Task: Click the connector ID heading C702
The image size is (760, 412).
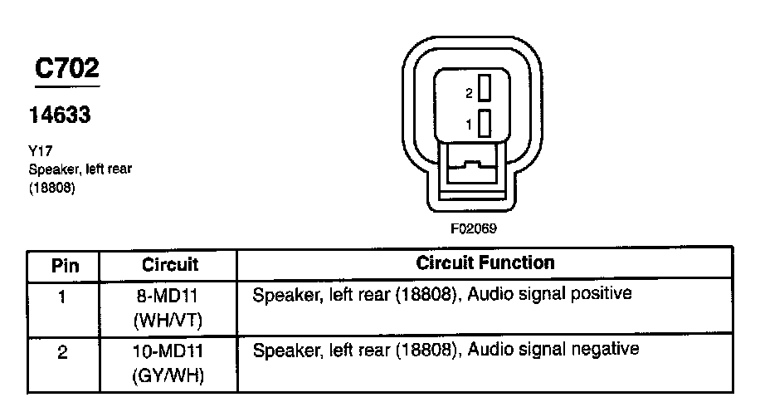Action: pos(66,69)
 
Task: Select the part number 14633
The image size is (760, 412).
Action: pos(60,115)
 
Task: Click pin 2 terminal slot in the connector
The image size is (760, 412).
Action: pos(485,89)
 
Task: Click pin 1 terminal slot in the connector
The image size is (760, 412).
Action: pos(485,123)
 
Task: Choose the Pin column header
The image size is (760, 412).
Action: pos(65,266)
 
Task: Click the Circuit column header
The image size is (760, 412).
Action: pos(169,265)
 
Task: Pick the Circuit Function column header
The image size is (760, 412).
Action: pos(485,263)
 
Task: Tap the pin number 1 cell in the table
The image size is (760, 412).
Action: pos(64,296)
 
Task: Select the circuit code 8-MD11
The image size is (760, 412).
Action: pos(169,296)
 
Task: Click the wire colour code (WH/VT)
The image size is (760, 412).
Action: pos(169,320)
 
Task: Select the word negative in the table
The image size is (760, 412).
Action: pos(608,349)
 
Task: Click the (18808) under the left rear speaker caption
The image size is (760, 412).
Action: pos(52,188)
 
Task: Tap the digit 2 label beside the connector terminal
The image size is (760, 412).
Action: pos(469,92)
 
